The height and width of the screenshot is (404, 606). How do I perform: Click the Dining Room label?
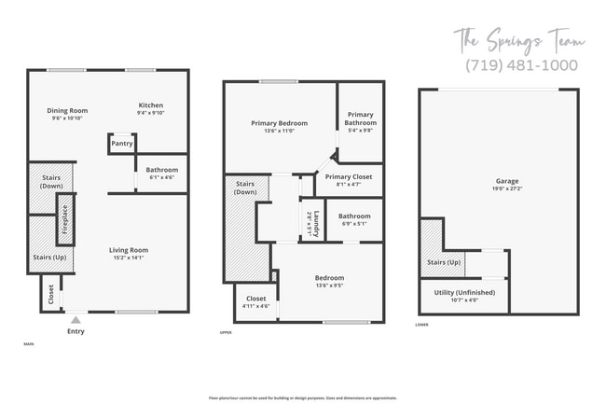tap(66, 111)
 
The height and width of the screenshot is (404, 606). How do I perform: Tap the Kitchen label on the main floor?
tap(151, 104)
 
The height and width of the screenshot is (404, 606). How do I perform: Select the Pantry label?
tap(122, 144)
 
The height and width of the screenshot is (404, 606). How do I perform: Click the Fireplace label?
tap(65, 219)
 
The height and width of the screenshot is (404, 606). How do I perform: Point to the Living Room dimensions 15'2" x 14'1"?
tap(129, 258)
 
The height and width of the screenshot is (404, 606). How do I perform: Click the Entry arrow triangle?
tap(76, 319)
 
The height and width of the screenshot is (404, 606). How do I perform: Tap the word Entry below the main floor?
tap(76, 331)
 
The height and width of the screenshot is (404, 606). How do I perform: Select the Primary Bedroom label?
tap(279, 122)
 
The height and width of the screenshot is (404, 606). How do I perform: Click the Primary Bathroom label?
tap(360, 118)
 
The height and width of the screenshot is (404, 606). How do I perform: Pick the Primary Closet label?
tap(348, 176)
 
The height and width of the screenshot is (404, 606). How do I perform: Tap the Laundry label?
tap(317, 225)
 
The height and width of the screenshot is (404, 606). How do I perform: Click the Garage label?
tap(507, 181)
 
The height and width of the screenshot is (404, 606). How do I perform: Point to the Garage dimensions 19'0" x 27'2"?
tap(507, 189)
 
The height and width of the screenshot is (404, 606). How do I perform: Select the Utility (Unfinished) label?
tap(458, 292)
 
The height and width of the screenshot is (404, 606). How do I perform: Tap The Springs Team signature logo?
tap(519, 40)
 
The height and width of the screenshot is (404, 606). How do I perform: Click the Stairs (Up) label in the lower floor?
tap(444, 262)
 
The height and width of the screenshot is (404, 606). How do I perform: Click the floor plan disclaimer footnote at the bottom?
tap(302, 397)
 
